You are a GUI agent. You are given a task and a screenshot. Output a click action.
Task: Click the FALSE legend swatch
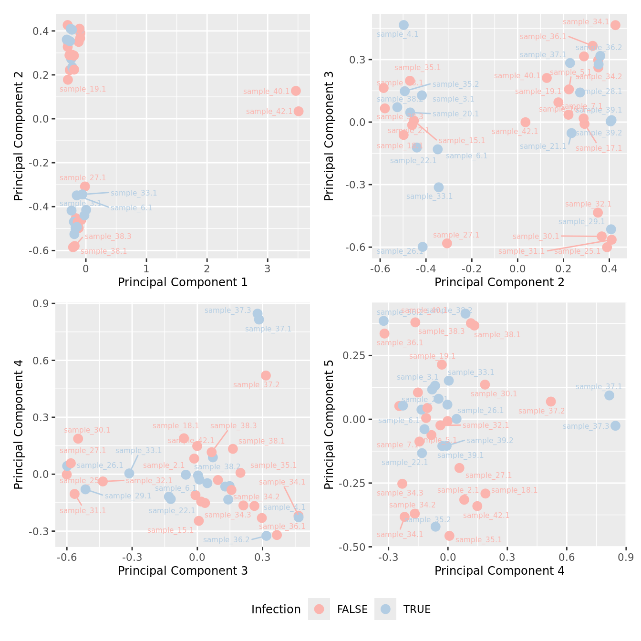(x=319, y=609)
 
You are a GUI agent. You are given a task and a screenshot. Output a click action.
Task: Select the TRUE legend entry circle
(x=385, y=609)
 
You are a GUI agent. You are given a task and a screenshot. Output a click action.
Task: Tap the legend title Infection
(x=276, y=610)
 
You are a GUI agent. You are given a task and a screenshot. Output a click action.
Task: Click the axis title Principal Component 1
(x=183, y=282)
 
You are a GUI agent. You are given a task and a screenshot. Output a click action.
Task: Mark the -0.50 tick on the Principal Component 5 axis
(x=353, y=547)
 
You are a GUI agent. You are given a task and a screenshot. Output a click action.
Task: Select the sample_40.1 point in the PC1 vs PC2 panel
(x=296, y=91)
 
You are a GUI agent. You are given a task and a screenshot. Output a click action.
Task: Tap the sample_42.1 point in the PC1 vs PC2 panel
(x=299, y=111)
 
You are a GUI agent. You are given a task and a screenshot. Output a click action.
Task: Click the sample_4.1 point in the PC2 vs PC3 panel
(x=403, y=25)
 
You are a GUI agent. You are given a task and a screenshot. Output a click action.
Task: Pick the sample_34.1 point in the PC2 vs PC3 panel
(x=615, y=25)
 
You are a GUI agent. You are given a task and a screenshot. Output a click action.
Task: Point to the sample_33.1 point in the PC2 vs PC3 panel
(x=438, y=187)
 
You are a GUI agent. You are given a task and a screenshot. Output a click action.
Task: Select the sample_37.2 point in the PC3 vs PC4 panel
(x=266, y=375)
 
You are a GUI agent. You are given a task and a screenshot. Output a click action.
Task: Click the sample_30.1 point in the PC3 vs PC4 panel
(x=78, y=438)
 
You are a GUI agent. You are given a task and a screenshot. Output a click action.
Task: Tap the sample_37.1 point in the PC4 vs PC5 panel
(x=609, y=395)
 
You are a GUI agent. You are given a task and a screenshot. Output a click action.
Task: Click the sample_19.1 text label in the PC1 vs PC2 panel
(x=83, y=89)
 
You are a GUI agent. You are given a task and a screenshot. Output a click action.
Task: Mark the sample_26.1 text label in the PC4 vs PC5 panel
(x=480, y=411)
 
